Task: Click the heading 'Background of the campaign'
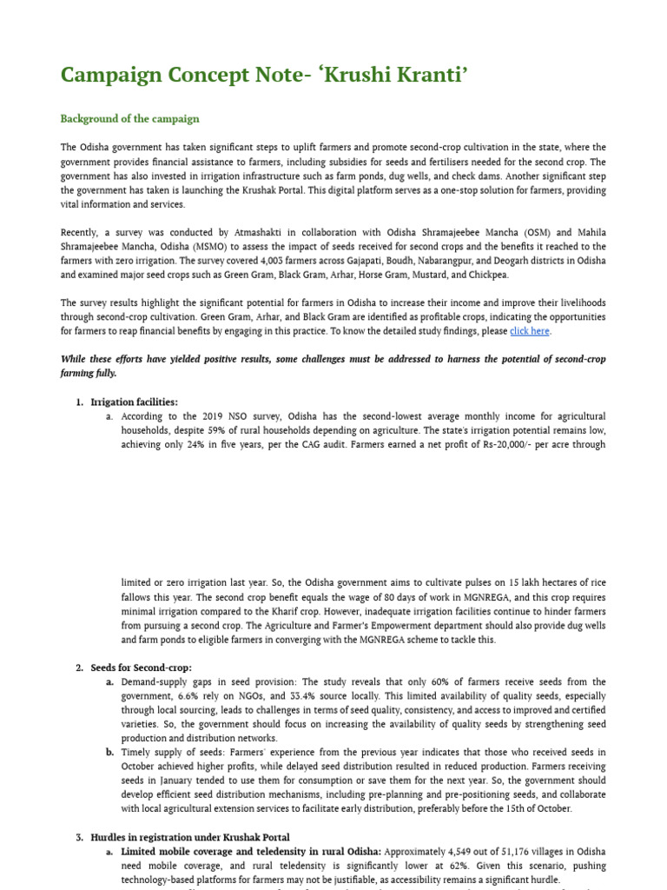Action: coord(129,119)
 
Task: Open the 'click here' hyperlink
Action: coord(530,331)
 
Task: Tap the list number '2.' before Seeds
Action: coord(79,667)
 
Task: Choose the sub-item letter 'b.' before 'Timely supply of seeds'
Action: coord(110,753)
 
